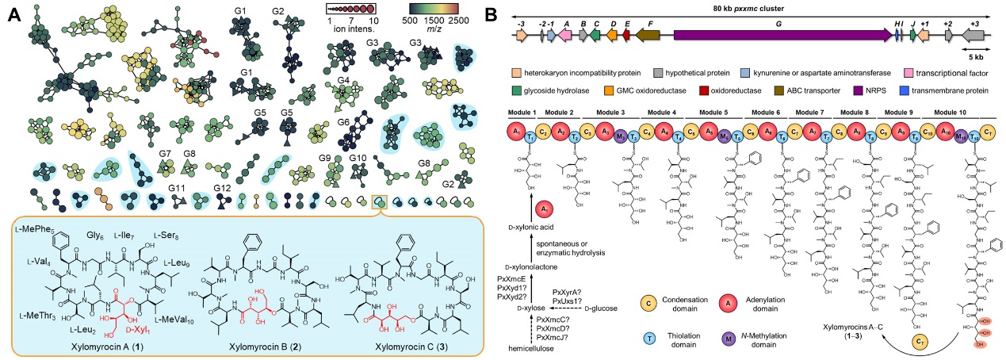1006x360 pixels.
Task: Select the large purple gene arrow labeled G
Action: click(x=782, y=36)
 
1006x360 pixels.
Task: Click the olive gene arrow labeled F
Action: click(x=649, y=36)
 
